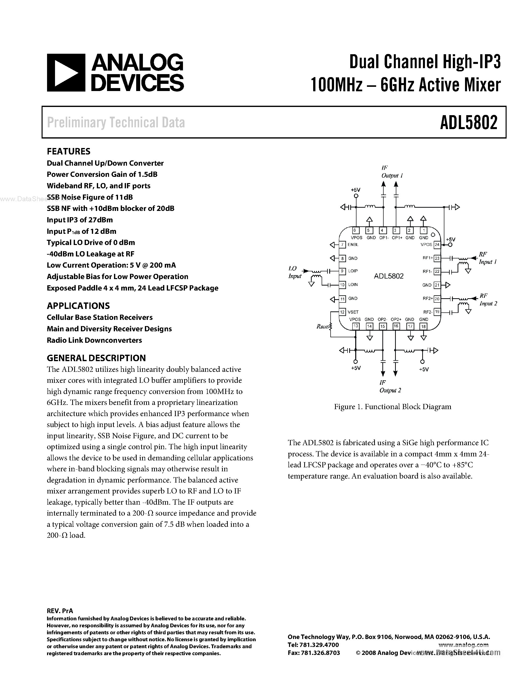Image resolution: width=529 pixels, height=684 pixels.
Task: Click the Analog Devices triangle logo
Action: [66, 73]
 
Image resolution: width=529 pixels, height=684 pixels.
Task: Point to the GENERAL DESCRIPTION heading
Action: [96, 358]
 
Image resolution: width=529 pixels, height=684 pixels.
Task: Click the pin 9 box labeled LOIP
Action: [343, 271]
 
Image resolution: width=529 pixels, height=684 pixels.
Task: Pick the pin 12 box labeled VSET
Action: [343, 312]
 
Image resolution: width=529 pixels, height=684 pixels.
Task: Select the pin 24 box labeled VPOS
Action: [437, 244]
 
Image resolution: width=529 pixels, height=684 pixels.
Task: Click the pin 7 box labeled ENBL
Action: [343, 244]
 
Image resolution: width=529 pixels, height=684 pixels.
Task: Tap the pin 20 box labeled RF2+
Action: [437, 299]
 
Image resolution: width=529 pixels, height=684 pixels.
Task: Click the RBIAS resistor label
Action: [322, 327]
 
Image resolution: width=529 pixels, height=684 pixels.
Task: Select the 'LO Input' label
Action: [294, 272]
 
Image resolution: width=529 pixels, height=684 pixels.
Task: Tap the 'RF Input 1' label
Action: [487, 258]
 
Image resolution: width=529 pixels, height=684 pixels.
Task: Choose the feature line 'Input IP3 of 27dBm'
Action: [80, 220]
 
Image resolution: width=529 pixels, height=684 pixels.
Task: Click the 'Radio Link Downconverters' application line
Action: [94, 340]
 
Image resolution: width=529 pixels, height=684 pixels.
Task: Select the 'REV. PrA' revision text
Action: [60, 611]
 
